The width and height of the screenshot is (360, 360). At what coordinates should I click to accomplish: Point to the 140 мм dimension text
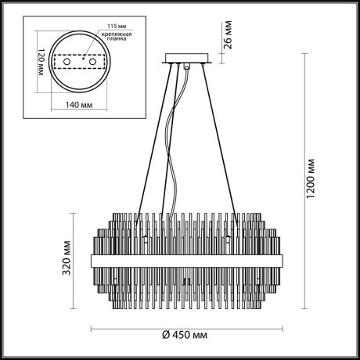click(79, 103)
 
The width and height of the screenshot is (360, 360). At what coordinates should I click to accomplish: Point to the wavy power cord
click(175, 157)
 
